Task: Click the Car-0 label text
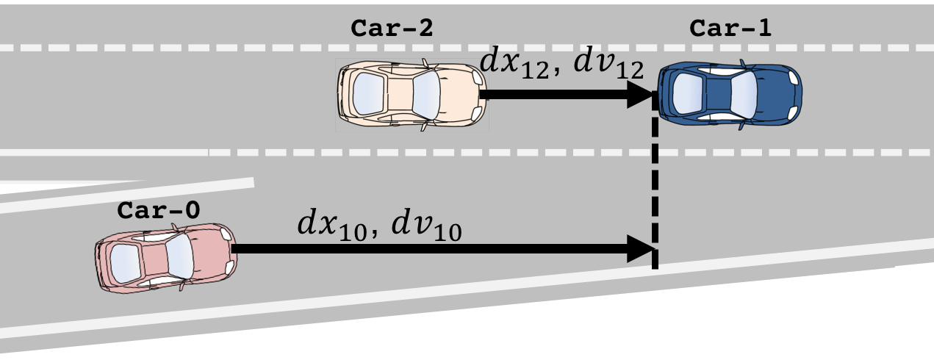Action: [x=158, y=211]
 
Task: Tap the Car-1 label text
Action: [x=730, y=29]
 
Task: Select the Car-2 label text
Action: [x=392, y=29]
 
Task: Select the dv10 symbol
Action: [x=426, y=224]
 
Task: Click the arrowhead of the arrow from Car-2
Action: [x=639, y=95]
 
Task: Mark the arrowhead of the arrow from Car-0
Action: [x=639, y=249]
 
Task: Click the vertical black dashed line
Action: [x=654, y=191]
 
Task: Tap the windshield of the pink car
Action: [x=179, y=258]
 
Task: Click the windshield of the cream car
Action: [x=427, y=93]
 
